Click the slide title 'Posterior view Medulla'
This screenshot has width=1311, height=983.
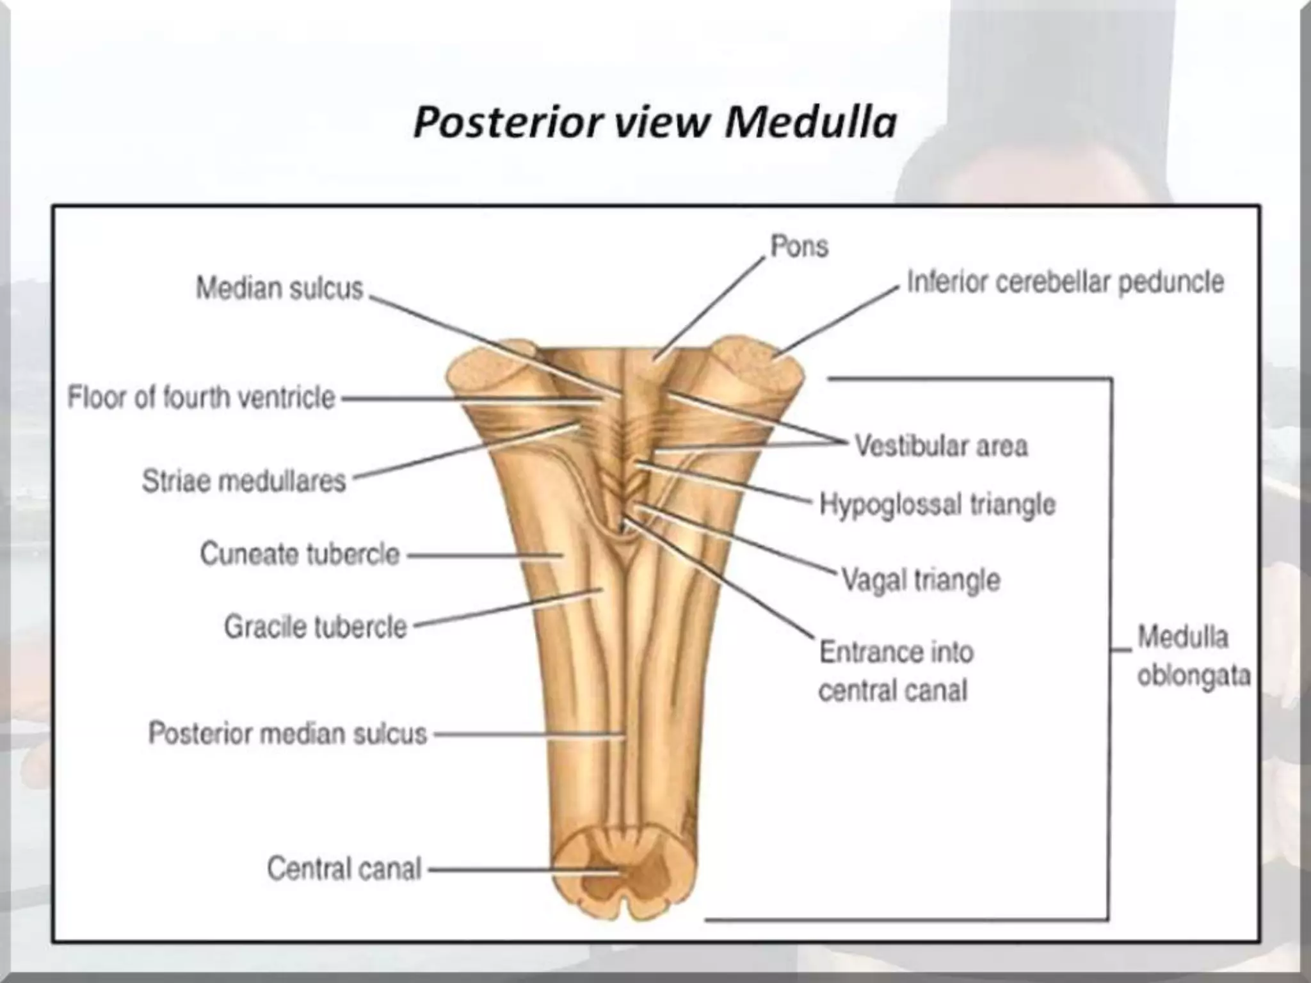coord(654,122)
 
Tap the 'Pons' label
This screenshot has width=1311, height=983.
coord(799,246)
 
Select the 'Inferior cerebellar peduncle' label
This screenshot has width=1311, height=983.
coord(1065,282)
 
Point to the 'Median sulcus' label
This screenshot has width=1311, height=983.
coord(279,288)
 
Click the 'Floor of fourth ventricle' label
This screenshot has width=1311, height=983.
coord(201,397)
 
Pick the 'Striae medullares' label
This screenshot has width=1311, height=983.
coord(244,481)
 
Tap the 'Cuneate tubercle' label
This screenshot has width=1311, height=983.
coord(300,554)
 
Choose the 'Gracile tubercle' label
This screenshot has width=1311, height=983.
coord(315,627)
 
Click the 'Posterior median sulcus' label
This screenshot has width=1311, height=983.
coord(287,733)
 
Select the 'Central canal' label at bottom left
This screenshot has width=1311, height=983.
coord(344,869)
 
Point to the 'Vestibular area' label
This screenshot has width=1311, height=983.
coord(941,446)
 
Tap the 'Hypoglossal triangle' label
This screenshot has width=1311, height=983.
coord(937,505)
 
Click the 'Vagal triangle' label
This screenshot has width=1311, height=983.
coord(920,580)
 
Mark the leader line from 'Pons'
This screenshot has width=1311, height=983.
coord(711,307)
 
